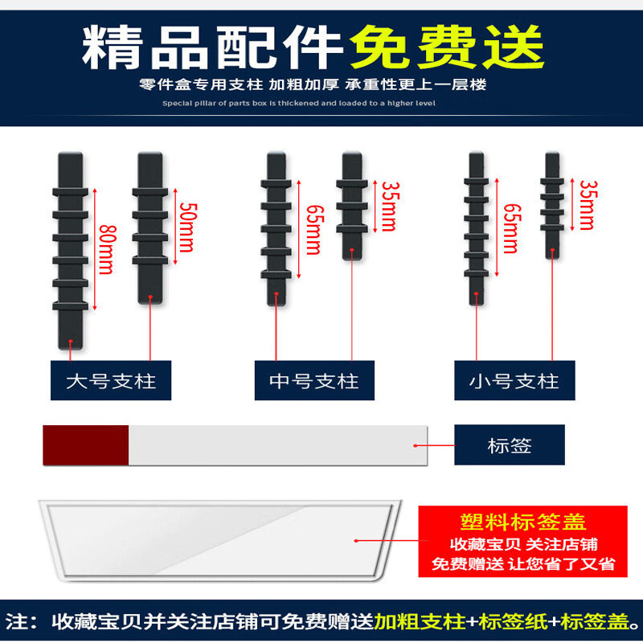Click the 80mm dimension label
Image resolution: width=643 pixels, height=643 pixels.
105,249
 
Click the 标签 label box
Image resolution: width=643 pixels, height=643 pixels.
510,445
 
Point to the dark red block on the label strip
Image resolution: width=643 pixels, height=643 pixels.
85,445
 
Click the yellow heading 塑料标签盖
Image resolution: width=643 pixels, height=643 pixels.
523,523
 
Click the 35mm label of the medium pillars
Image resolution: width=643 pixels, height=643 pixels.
388,206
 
